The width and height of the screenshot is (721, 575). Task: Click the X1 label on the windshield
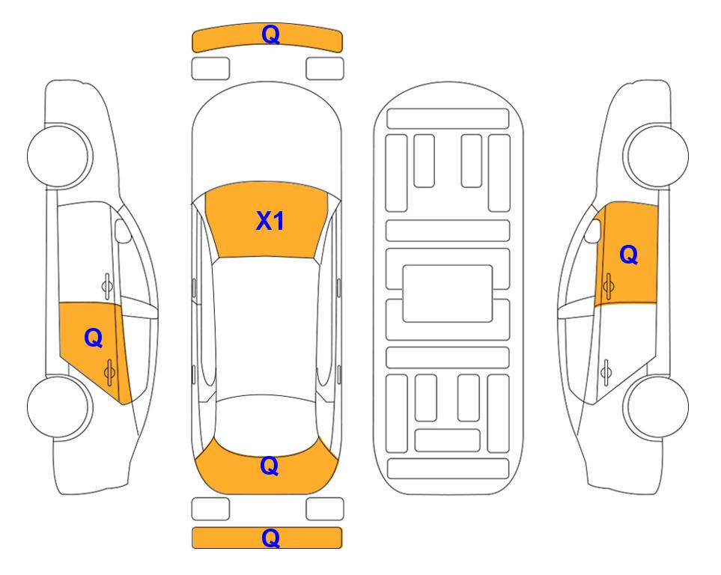pos(270,221)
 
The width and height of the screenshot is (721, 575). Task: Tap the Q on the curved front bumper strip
pos(271,34)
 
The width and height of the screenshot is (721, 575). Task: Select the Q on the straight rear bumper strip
pos(271,538)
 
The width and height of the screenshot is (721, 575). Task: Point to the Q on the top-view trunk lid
pos(270,466)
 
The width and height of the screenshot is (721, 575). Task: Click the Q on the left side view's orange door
pos(94,338)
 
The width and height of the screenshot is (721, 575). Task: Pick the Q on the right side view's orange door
pos(629,255)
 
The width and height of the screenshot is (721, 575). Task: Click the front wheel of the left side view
pos(59,156)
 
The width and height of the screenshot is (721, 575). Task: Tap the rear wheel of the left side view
pos(59,407)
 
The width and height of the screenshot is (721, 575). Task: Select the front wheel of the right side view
pos(656,156)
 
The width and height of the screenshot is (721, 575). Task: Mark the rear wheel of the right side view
pos(656,407)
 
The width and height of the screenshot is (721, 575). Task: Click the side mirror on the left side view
pos(122,231)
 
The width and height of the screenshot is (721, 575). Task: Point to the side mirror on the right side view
pos(593,231)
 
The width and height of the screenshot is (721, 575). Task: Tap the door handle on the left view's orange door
pos(109,371)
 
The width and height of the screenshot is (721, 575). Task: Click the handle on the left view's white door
pos(106,286)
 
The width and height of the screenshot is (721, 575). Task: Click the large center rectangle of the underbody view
pos(448,293)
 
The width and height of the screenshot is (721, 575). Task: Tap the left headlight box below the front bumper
pos(210,69)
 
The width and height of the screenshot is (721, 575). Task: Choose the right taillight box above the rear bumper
pos(325,509)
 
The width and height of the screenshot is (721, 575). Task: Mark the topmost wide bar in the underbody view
pos(448,119)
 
